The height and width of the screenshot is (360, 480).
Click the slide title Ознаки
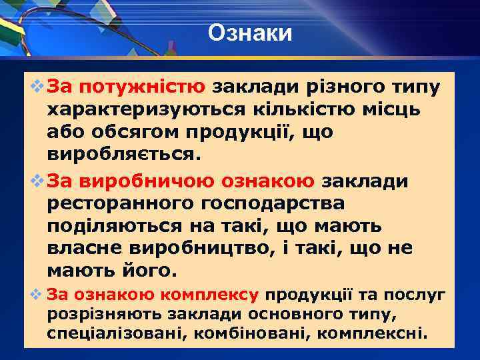coord(249,32)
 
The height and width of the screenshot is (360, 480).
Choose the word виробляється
coord(123,156)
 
